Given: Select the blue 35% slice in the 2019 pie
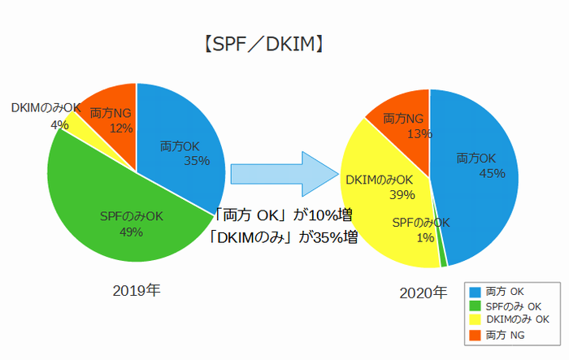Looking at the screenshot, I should [183, 138].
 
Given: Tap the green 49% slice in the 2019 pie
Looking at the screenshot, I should [106, 203].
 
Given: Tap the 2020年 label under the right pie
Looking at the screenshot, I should [423, 292].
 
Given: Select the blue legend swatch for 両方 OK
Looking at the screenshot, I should [474, 292].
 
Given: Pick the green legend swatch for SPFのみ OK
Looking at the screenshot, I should [474, 306].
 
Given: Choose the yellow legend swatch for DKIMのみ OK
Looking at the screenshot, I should [474, 319].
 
